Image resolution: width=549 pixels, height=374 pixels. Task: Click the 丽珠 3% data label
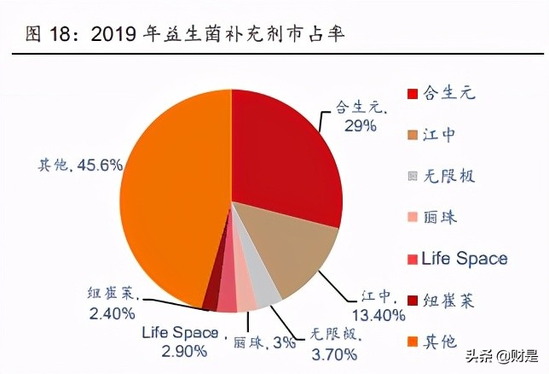(263, 342)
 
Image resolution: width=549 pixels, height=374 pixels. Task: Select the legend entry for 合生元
(443, 92)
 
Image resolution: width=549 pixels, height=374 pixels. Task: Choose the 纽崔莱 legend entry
(443, 300)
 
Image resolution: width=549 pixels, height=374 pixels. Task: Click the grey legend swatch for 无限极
(413, 176)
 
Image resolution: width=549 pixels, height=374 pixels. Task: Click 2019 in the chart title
(107, 35)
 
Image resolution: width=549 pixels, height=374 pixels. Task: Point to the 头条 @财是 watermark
(500, 356)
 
